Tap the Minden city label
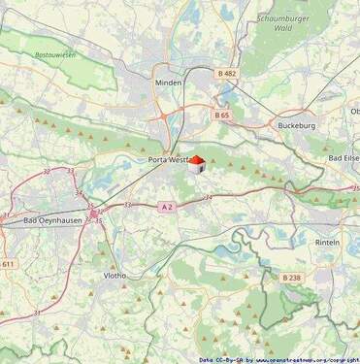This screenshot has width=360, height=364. click(x=168, y=83)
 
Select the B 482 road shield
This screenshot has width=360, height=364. click(x=227, y=73)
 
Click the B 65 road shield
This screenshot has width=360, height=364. click(x=222, y=115)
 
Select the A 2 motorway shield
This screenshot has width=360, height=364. click(x=166, y=206)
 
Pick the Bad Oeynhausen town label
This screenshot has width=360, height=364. click(x=53, y=221)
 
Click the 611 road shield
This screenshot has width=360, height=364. click(x=8, y=264)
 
